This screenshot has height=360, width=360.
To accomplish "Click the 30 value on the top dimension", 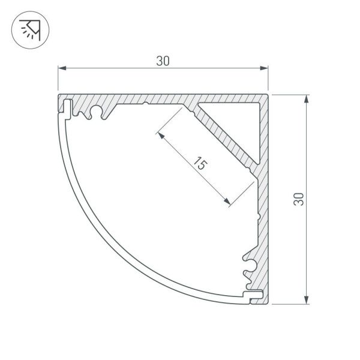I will (163, 60).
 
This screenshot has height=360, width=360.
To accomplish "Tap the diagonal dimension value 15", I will (200, 164).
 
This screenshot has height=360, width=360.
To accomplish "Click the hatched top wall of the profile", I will (156, 98).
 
